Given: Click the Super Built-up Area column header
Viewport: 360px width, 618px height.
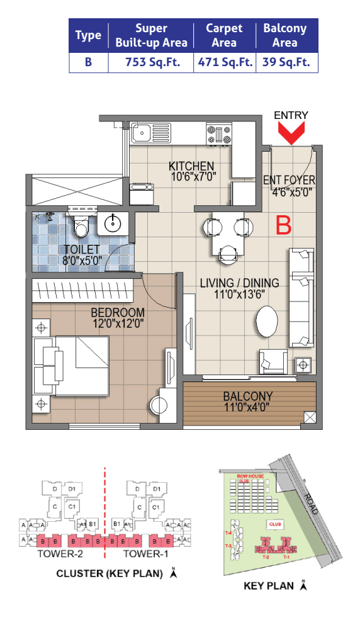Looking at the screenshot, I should [151, 35].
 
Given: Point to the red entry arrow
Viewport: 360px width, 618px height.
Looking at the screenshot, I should [291, 134].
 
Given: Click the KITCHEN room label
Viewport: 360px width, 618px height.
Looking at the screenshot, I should [187, 166].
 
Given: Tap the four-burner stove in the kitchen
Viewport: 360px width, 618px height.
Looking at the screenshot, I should [218, 133].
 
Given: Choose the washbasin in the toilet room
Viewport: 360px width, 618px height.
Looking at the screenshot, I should [114, 223].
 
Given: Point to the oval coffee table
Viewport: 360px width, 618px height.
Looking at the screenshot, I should [269, 322].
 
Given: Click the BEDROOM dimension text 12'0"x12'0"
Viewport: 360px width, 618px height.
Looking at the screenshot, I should [118, 324].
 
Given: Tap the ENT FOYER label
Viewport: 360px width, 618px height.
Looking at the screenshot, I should [289, 181].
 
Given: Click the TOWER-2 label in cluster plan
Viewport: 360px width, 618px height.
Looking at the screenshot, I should [60, 554].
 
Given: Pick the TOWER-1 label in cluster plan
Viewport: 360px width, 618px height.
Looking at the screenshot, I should [145, 554].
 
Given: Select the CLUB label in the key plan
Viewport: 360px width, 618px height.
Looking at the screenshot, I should [274, 523].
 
